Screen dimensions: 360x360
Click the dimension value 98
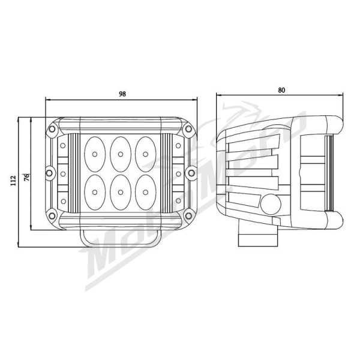pyautogui.click(x=122, y=94)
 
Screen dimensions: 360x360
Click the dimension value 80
pyautogui.click(x=281, y=90)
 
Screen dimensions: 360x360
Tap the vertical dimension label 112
pyautogui.click(x=13, y=182)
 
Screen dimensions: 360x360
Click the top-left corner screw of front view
pyautogui.click(x=52, y=130)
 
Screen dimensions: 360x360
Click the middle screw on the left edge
pyautogui.click(x=49, y=173)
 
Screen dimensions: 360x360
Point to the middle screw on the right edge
pyautogui.click(x=191, y=173)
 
